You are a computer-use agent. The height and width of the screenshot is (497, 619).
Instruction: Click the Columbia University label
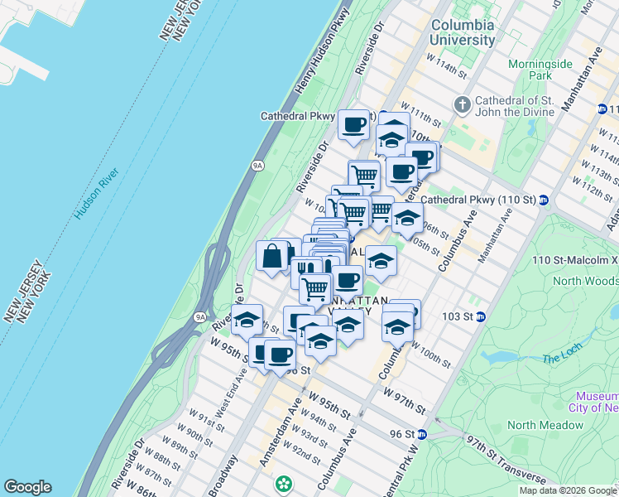click(463, 32)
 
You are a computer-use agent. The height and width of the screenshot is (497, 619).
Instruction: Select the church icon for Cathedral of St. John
click(463, 104)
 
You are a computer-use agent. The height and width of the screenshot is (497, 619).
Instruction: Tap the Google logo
click(27, 487)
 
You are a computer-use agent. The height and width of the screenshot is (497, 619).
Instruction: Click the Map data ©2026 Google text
click(567, 490)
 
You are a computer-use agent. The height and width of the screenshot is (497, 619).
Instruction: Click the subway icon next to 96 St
click(422, 433)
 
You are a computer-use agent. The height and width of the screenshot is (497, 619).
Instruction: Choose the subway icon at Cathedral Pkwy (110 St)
click(544, 200)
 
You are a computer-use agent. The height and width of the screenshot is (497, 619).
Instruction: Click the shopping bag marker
click(272, 256)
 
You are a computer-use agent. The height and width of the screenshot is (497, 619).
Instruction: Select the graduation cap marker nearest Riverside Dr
click(247, 320)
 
